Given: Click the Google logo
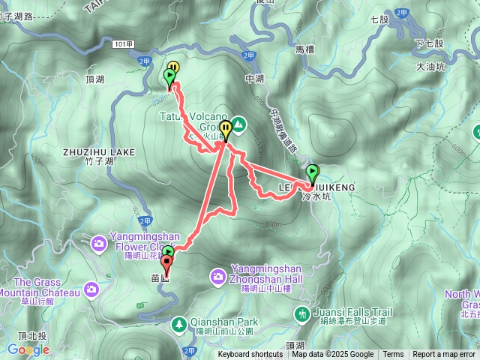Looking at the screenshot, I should (x=28, y=349).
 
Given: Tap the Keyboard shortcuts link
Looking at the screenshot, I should (x=250, y=355).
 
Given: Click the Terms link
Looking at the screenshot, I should (x=393, y=355).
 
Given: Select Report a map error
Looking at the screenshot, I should (x=444, y=355).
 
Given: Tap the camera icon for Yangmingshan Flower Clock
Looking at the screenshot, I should (x=98, y=244).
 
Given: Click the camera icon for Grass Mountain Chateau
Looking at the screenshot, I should (x=91, y=289).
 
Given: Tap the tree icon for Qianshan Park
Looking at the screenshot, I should (x=179, y=324).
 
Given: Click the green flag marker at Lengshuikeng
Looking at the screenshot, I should (x=312, y=173).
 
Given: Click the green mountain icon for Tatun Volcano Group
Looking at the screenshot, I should (x=238, y=122).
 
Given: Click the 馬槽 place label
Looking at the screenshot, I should (x=304, y=49).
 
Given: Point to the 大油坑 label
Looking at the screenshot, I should (x=430, y=67).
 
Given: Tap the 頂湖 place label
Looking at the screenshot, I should (x=95, y=79).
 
